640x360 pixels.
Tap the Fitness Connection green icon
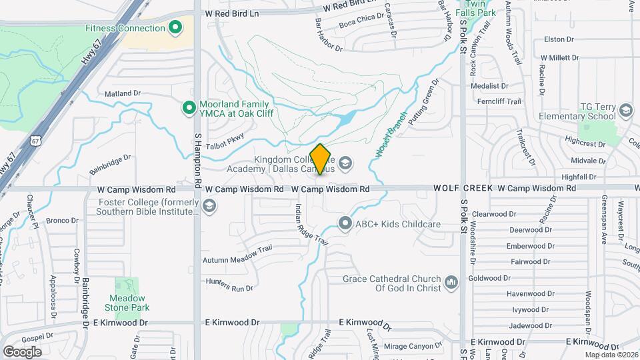(175, 28)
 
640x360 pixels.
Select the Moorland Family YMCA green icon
(189, 107)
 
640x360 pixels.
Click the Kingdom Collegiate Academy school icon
(345, 163)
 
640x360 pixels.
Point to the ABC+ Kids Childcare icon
(345, 223)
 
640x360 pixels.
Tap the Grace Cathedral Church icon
(451, 283)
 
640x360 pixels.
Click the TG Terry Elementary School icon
(625, 111)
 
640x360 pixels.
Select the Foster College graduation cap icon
(210, 207)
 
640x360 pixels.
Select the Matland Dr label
(123, 94)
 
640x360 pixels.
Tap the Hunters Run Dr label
(229, 285)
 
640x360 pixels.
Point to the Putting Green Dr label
(424, 103)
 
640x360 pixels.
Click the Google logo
(22, 351)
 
